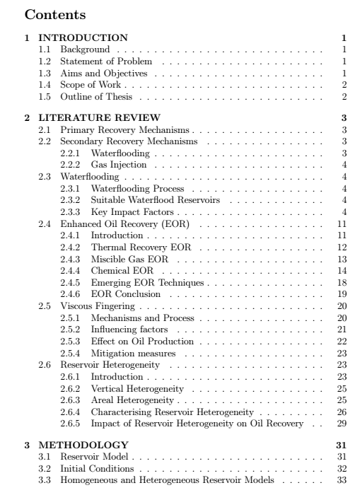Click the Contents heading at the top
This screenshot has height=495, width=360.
pos(55,13)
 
